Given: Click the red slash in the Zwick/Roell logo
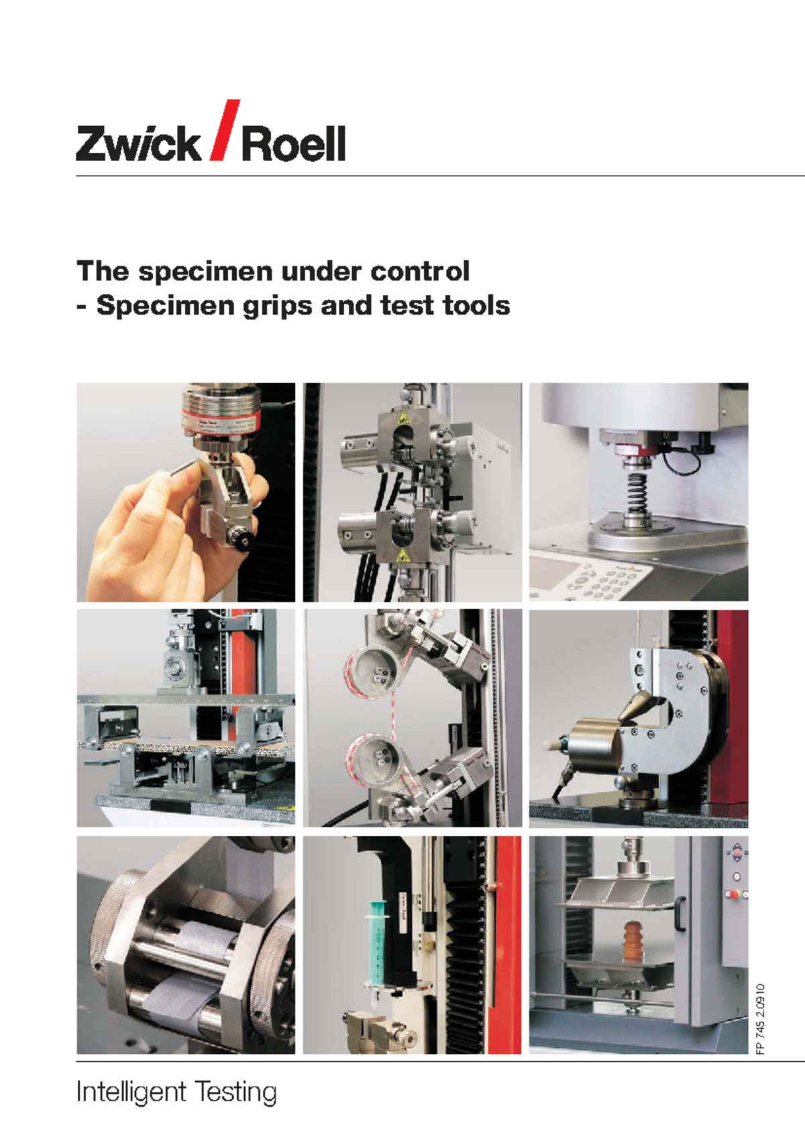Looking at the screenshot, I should coord(224,130).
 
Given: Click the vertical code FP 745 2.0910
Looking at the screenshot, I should coord(760,1019).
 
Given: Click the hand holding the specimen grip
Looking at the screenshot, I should coord(148,530).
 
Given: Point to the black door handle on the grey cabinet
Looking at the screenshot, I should coord(680,913).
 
